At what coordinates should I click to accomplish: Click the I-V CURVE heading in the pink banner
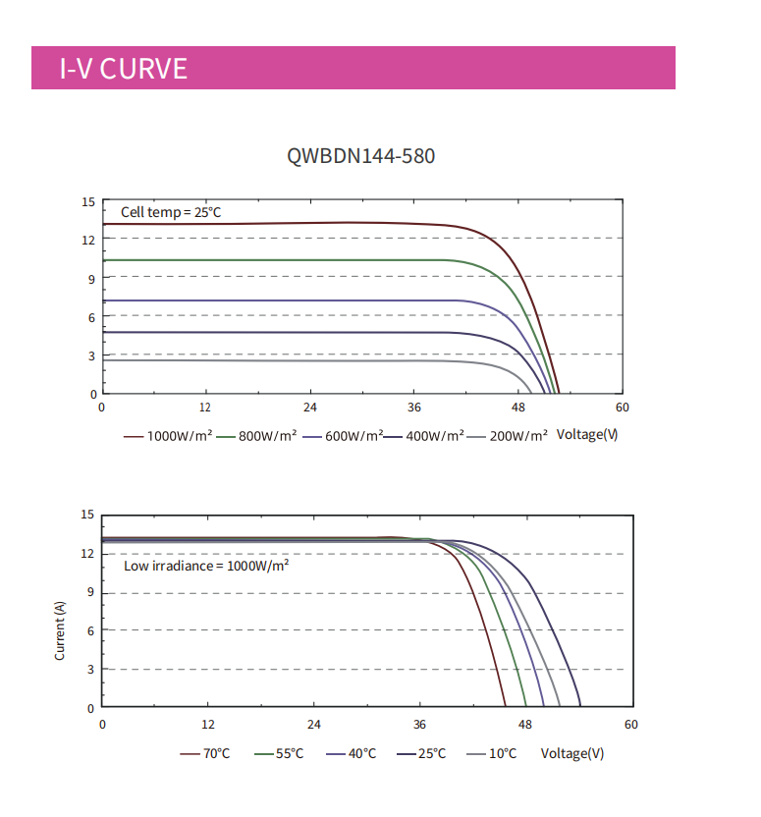tap(124, 69)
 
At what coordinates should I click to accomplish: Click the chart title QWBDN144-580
tap(361, 156)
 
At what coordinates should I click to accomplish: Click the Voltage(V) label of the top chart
tap(587, 434)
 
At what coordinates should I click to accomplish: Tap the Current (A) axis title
tap(60, 629)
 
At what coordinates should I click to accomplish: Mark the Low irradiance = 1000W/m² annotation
tap(206, 566)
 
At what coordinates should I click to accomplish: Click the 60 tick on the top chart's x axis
tap(621, 408)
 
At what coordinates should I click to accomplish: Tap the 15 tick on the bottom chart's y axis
tap(87, 515)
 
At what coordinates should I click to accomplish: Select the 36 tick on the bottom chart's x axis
tap(419, 725)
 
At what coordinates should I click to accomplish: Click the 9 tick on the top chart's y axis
tap(90, 278)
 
